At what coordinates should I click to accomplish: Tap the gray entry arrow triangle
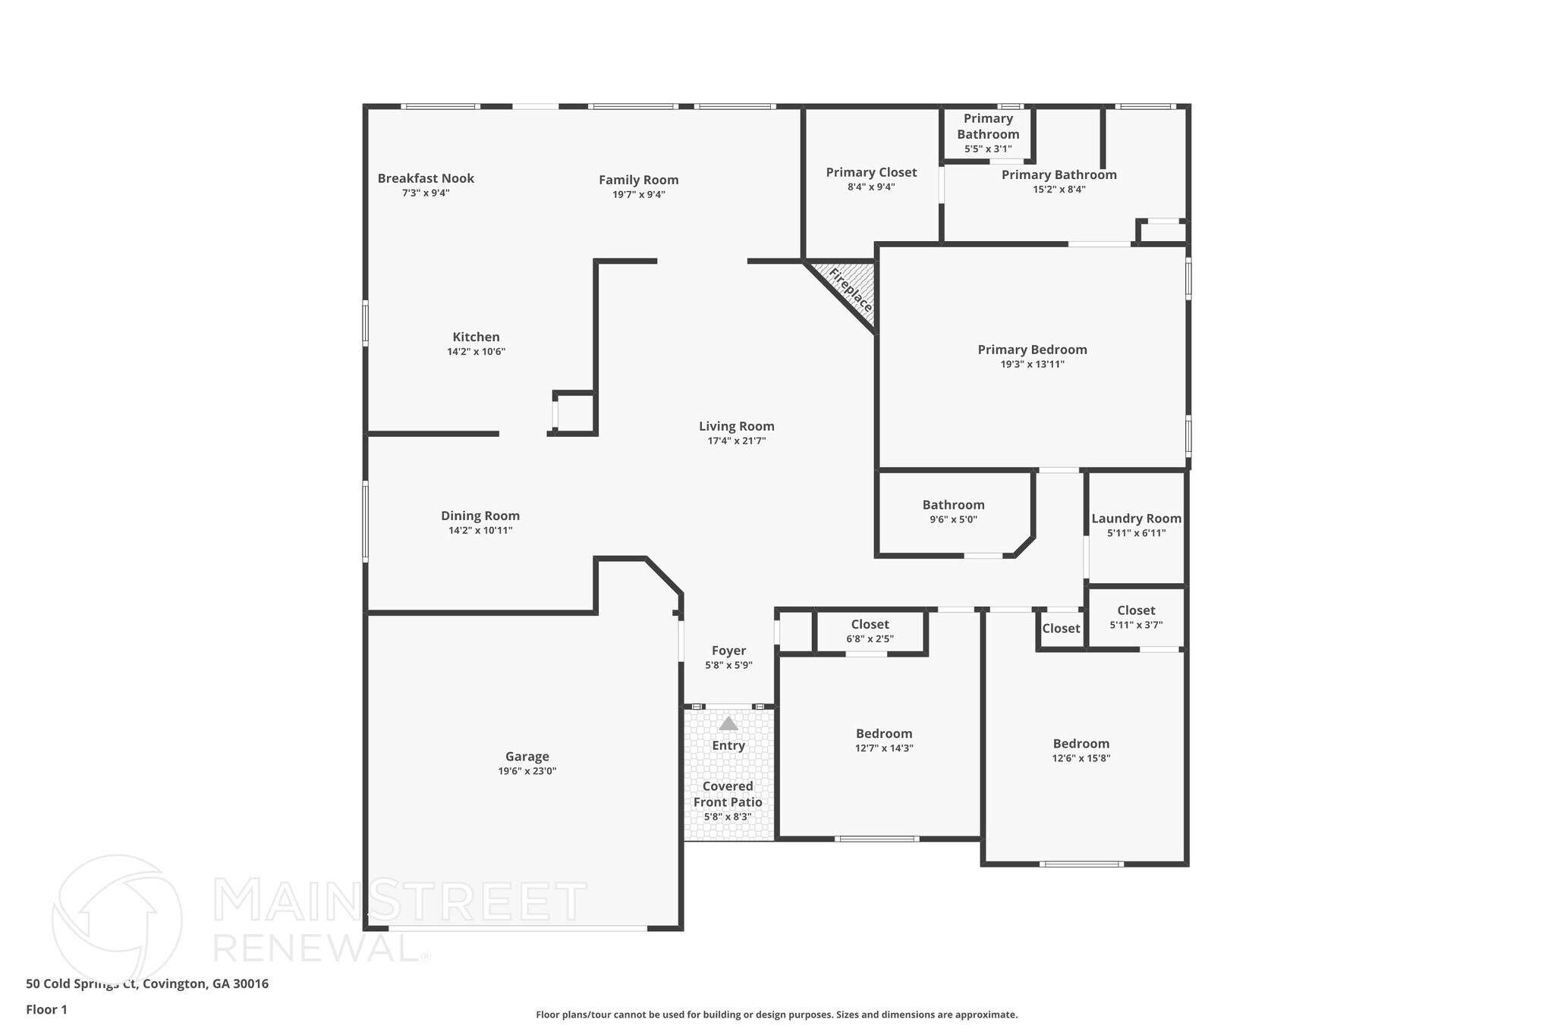tap(728, 723)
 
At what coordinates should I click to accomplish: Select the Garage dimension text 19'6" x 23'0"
tap(527, 771)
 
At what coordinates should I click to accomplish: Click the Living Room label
tap(736, 426)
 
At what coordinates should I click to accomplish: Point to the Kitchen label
tap(476, 337)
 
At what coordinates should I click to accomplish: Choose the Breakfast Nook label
tap(426, 178)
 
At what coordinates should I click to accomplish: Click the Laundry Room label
tap(1136, 519)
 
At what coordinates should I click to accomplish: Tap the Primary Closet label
tap(871, 172)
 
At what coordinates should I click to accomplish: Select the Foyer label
tap(728, 651)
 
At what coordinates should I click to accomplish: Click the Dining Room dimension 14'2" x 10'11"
tap(480, 531)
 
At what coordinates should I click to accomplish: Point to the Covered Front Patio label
tap(728, 794)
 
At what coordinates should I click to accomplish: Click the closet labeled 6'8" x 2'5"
tap(870, 631)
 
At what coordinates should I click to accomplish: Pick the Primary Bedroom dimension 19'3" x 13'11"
tap(1032, 364)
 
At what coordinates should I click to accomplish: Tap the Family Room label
tap(638, 180)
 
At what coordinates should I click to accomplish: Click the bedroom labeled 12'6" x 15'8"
tap(1081, 750)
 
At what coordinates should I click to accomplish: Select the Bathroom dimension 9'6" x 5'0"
tap(953, 519)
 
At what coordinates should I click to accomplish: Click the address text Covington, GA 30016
tap(206, 984)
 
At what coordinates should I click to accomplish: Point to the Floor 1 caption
tap(46, 1010)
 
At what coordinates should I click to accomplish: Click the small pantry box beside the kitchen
tap(575, 413)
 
